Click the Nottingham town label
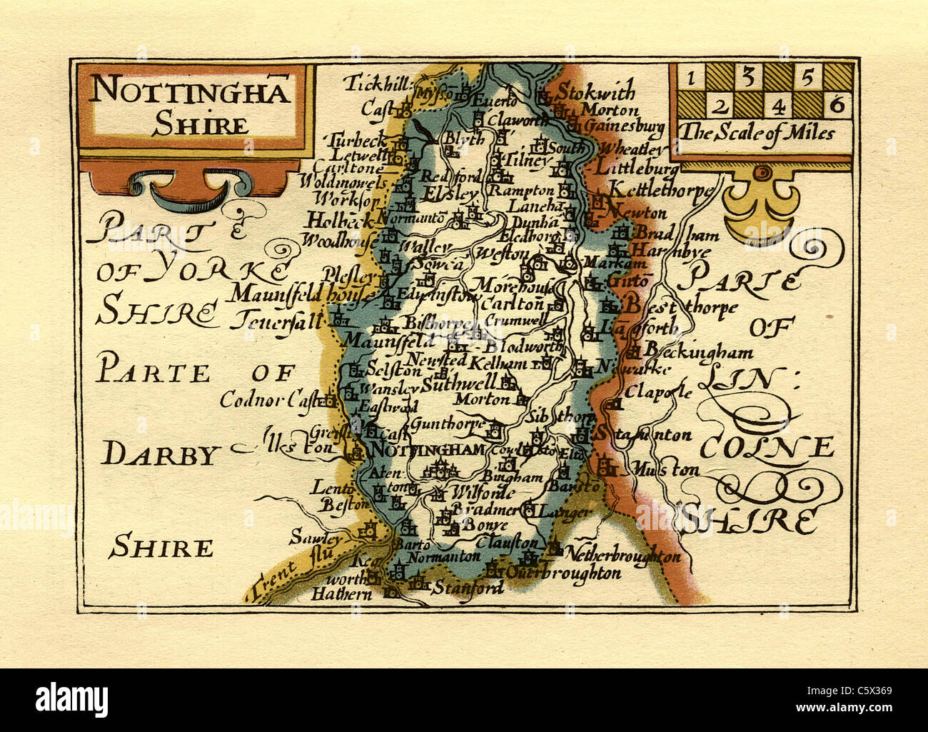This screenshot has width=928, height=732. coord(430,450)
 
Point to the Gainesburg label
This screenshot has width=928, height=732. coord(625,126)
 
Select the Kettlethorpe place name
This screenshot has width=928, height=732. coord(660,191)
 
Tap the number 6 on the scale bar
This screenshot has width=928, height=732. coord(837,106)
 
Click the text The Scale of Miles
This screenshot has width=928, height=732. coord(756,133)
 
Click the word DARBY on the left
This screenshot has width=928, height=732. coord(158,455)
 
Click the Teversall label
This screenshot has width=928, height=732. coord(276,316)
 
